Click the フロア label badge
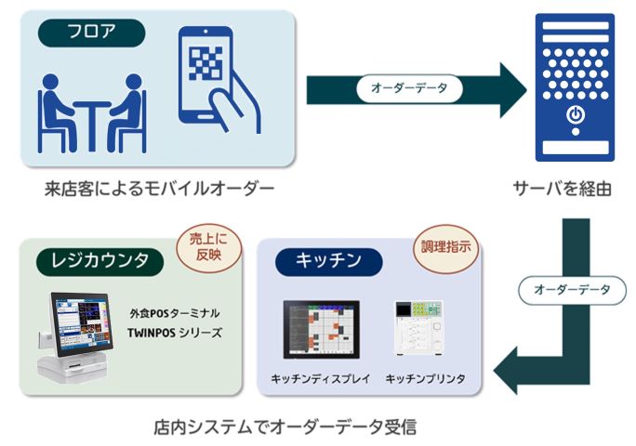coord(91,33)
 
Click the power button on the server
coord(576,116)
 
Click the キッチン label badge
coord(328,261)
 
